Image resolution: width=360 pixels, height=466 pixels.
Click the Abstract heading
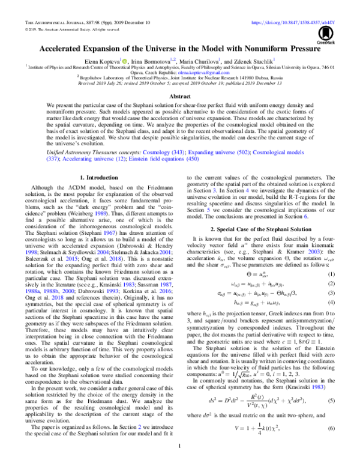point(179,96)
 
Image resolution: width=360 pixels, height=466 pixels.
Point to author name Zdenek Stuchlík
point(251,61)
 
